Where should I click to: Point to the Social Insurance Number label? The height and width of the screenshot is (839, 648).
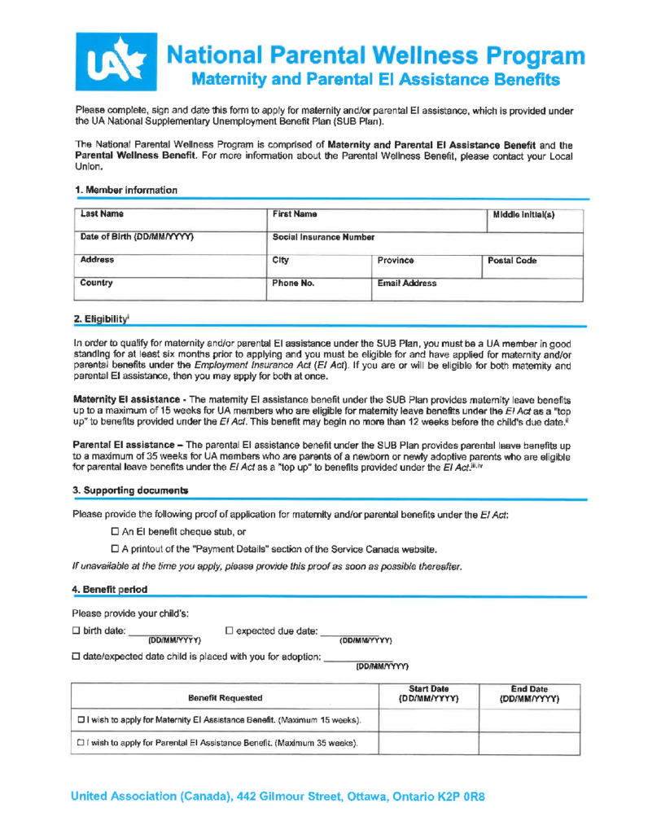[x=324, y=237]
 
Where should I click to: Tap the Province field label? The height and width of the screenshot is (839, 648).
[x=395, y=261]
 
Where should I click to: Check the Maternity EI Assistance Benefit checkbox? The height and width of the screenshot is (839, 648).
[x=82, y=720]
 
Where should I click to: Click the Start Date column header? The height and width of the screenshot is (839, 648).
[x=428, y=693]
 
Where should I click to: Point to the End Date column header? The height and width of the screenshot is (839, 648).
[x=528, y=693]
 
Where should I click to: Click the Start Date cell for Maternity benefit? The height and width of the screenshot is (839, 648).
[x=428, y=720]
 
